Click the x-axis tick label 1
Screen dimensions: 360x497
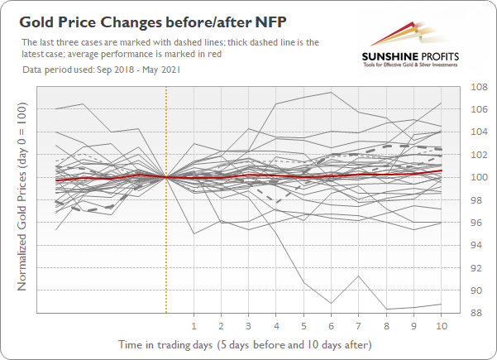coord(194,325)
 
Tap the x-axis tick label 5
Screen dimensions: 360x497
coord(303,325)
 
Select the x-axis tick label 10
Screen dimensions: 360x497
coord(441,325)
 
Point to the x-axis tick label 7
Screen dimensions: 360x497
coord(359,325)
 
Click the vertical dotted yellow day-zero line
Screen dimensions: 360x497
coord(166,248)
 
